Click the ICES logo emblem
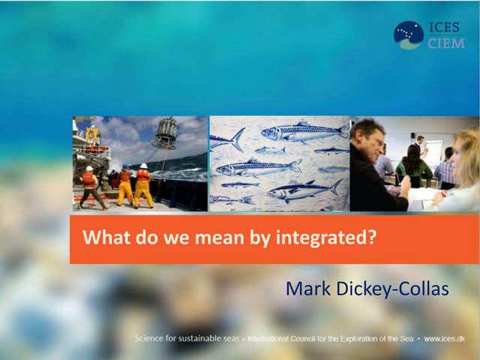tap(409, 34)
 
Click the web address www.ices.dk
tap(445, 339)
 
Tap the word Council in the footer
tap(301, 339)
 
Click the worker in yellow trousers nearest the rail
tap(142, 186)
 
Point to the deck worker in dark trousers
tap(91, 187)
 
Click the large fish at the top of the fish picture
tap(304, 132)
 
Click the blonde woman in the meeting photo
tap(462, 172)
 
